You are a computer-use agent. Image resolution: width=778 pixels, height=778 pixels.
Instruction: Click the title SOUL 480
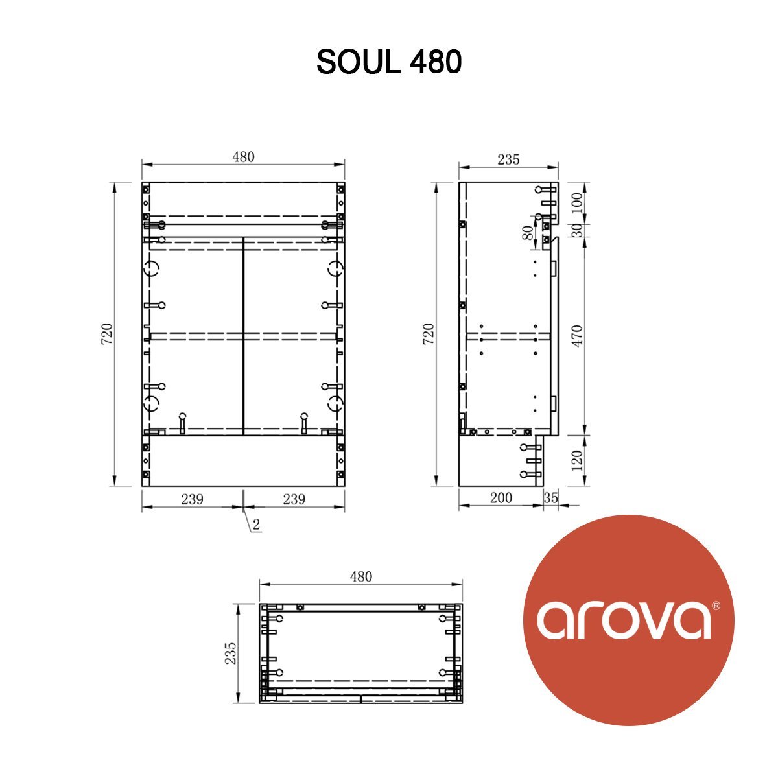(389, 62)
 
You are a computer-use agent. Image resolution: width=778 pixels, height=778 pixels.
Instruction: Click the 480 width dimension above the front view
(243, 157)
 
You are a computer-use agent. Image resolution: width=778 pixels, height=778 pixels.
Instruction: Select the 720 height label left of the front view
(108, 333)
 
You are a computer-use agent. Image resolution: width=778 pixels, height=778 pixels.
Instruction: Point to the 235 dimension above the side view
(508, 159)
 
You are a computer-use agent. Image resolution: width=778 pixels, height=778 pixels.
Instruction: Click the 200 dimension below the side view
(501, 498)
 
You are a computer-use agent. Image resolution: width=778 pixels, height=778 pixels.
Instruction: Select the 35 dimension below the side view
(551, 498)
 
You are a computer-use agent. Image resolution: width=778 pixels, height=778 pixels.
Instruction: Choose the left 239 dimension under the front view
(192, 499)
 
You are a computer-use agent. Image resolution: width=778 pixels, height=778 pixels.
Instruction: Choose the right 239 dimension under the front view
(294, 499)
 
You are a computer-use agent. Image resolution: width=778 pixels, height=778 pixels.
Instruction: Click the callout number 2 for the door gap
(256, 525)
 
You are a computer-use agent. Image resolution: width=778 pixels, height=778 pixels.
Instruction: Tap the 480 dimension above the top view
(361, 576)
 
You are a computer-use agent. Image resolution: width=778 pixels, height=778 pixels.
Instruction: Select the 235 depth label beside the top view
(230, 654)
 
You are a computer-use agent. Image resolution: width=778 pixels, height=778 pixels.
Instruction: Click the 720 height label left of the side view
(429, 333)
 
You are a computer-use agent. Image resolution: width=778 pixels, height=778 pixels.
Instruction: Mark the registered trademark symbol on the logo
(716, 606)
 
